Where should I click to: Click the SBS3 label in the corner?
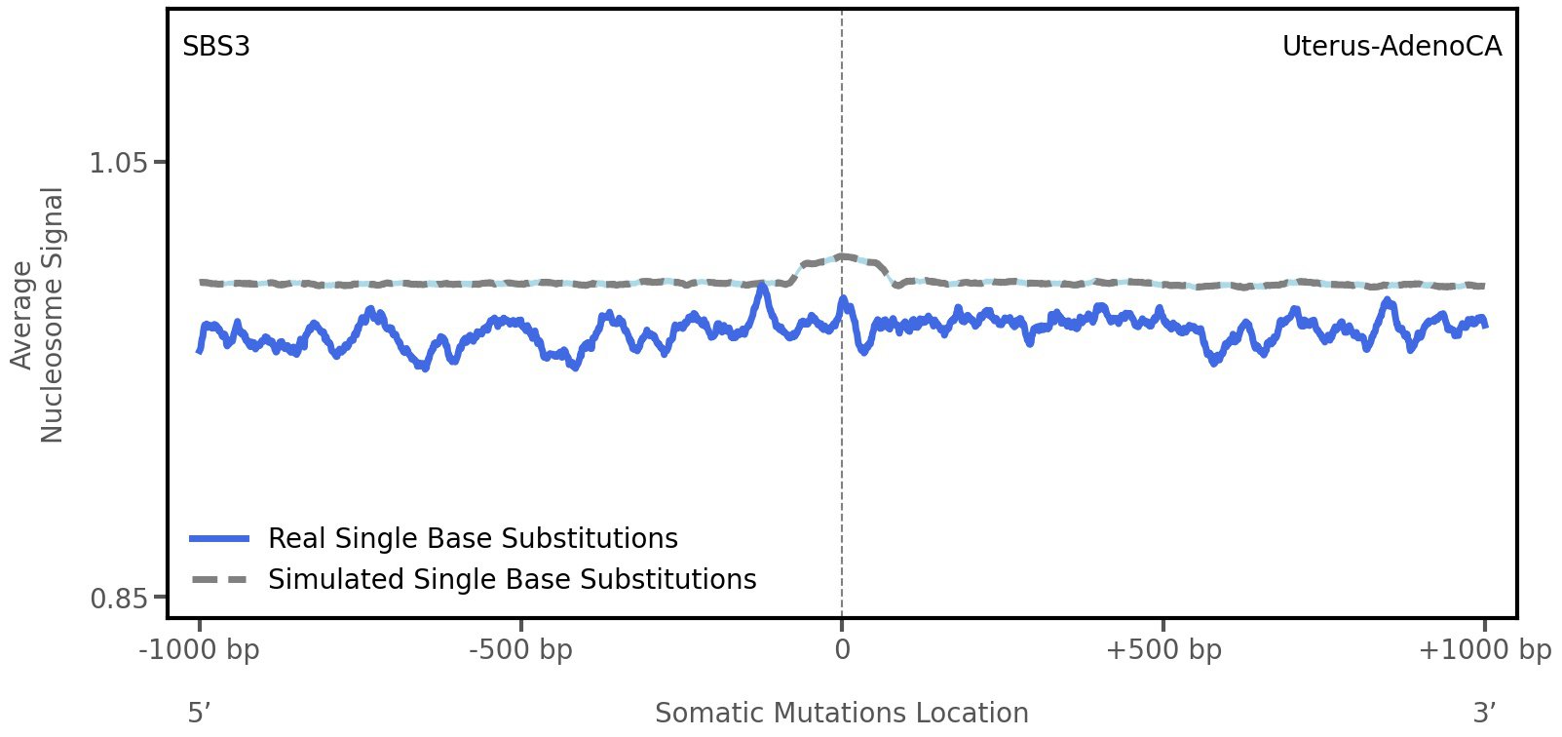216,47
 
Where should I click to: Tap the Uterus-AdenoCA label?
1391,47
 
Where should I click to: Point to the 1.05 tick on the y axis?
118,162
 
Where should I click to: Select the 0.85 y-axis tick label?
118,597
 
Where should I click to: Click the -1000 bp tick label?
200,649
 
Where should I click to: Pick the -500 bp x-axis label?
520,649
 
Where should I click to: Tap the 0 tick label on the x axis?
842,649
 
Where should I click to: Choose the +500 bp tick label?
1162,649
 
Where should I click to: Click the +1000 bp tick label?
1484,649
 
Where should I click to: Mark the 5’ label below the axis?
199,713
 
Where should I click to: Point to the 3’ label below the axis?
1484,713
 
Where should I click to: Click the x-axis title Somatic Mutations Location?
842,713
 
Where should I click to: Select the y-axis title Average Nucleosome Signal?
38,315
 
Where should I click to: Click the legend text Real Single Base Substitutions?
473,538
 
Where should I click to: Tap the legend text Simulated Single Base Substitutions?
512,579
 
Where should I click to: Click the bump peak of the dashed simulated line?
842,257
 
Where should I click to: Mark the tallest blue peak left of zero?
762,287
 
